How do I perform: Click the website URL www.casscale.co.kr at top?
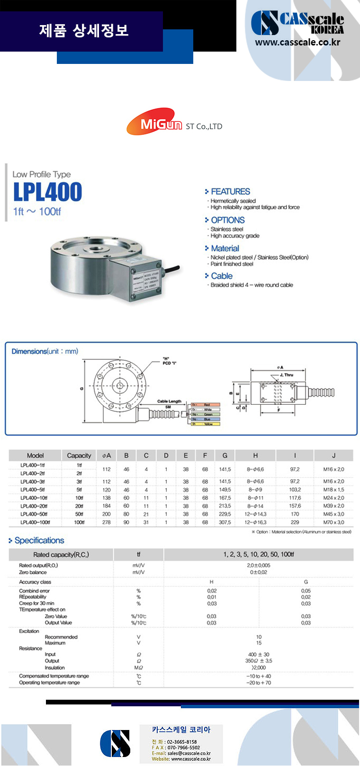[297, 42]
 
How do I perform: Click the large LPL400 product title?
[47, 192]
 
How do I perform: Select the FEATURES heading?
[230, 192]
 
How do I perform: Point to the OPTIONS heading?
[227, 220]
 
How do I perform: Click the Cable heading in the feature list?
[222, 276]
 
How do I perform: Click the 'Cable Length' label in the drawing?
[169, 401]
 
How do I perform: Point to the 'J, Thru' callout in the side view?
[286, 375]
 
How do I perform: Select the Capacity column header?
[79, 455]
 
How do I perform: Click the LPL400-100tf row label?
[35, 522]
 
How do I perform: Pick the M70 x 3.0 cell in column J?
[333, 522]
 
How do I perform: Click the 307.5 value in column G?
[225, 522]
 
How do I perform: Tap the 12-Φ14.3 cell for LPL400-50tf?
[256, 514]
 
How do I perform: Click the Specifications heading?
[39, 541]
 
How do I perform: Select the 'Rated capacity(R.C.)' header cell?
[61, 554]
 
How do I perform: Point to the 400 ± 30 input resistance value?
[259, 654]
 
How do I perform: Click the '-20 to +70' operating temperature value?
[259, 683]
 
